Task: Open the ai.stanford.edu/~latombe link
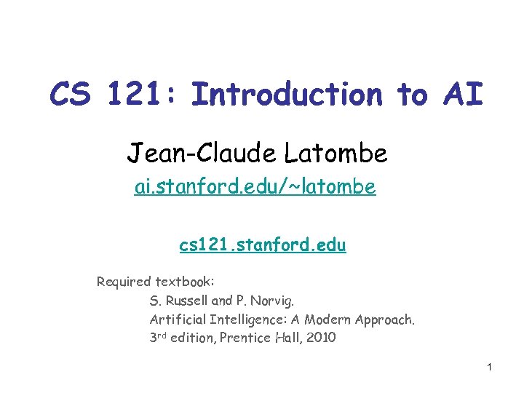(x=255, y=187)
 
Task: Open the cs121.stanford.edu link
(x=263, y=245)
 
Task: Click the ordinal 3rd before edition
(x=159, y=338)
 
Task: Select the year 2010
(x=319, y=338)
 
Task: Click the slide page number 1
(x=490, y=366)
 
